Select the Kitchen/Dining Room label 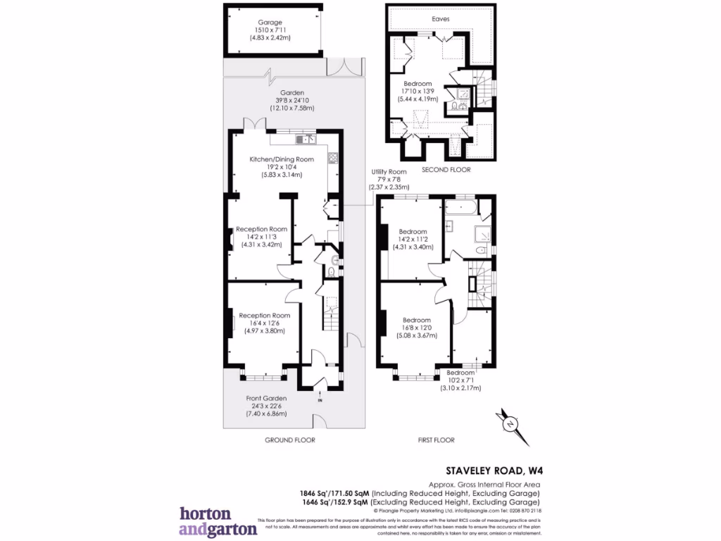[x=281, y=160]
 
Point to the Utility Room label [x=388, y=172]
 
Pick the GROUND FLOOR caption [x=289, y=440]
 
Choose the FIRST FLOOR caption [x=436, y=440]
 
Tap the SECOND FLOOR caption [x=446, y=170]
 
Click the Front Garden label [x=266, y=399]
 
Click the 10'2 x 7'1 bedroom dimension [x=459, y=380]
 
